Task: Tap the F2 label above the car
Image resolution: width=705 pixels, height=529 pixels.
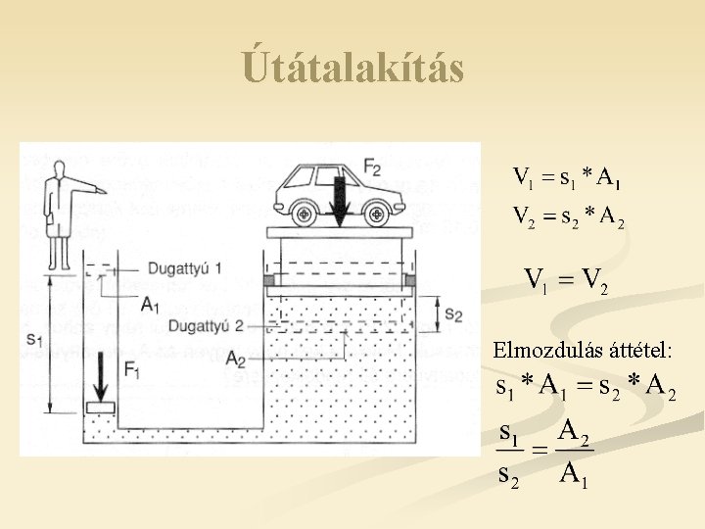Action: (x=373, y=168)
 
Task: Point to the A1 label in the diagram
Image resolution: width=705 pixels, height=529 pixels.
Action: (x=150, y=306)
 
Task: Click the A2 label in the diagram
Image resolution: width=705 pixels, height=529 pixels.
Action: (x=235, y=360)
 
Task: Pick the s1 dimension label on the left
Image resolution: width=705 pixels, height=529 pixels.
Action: (x=33, y=339)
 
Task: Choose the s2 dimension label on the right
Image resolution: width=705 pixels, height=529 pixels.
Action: (x=453, y=314)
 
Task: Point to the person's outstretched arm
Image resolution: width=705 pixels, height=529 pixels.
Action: (x=88, y=186)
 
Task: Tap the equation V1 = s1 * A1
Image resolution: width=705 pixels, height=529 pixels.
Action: (x=568, y=178)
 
